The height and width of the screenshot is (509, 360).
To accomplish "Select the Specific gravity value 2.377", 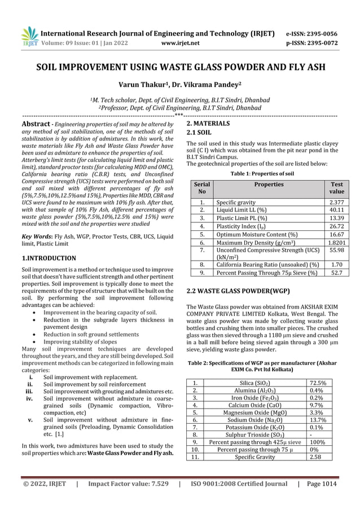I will pos(336,201).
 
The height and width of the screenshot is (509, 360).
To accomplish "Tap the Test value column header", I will pos(336,188).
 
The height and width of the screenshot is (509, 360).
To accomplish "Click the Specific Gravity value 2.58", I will pos(317,458).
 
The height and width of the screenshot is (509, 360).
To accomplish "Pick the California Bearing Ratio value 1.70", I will pos(336,264).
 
